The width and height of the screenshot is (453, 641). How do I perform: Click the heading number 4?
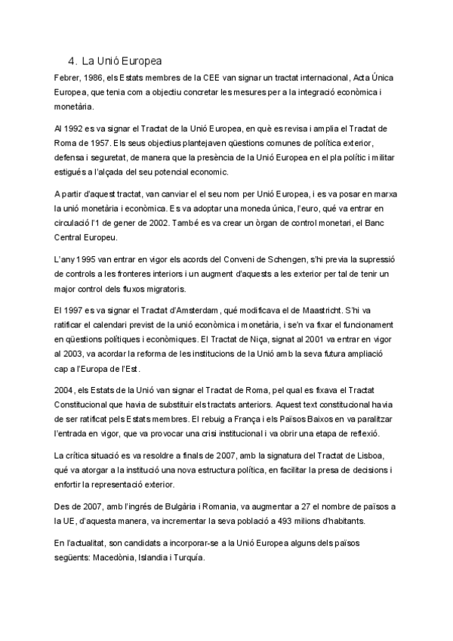pos(70,60)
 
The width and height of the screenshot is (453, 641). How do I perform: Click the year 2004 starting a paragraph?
pos(66,390)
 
